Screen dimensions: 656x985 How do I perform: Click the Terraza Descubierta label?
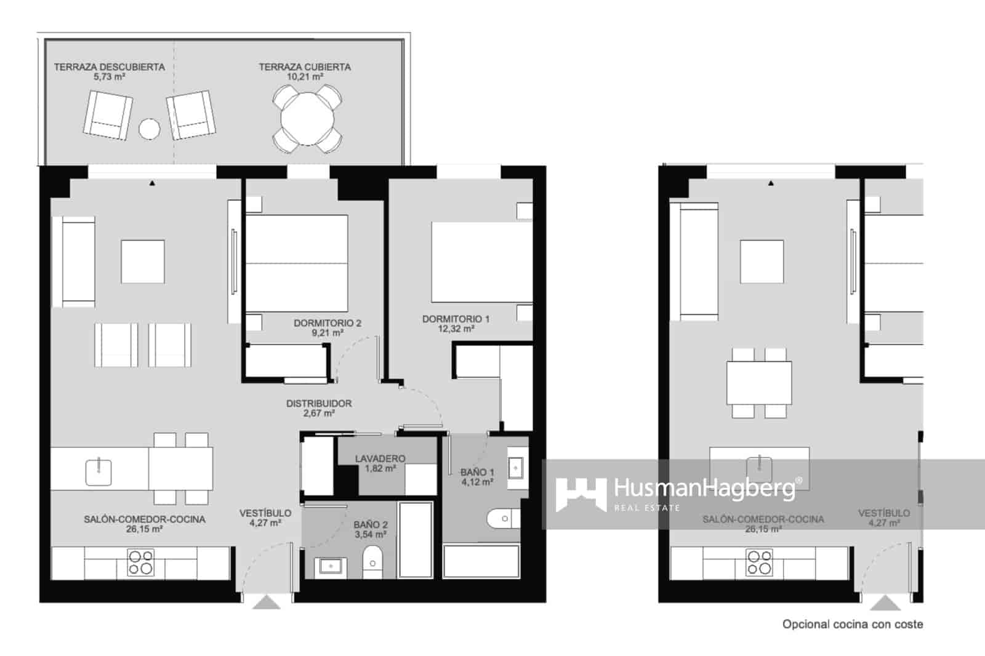coord(109,66)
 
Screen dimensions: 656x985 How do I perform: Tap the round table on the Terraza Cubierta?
coord(307,118)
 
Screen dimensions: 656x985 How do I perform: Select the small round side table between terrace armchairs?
coord(149,129)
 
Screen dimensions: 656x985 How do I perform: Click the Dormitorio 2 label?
coord(327,323)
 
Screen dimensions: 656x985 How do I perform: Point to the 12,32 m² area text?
coord(456,329)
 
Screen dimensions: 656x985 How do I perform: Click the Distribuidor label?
coord(319,404)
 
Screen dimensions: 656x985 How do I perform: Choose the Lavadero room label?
coord(380,458)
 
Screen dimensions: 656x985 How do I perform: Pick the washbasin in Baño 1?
coord(516,468)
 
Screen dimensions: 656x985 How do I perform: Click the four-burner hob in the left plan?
coord(140,562)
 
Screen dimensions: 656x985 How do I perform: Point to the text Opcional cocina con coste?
coord(852,624)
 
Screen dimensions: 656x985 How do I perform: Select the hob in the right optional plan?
coord(759,562)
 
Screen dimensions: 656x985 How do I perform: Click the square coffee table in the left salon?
coord(142,262)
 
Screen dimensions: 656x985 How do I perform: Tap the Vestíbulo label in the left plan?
coord(265,513)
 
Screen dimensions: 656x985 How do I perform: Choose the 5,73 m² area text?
coord(110,77)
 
